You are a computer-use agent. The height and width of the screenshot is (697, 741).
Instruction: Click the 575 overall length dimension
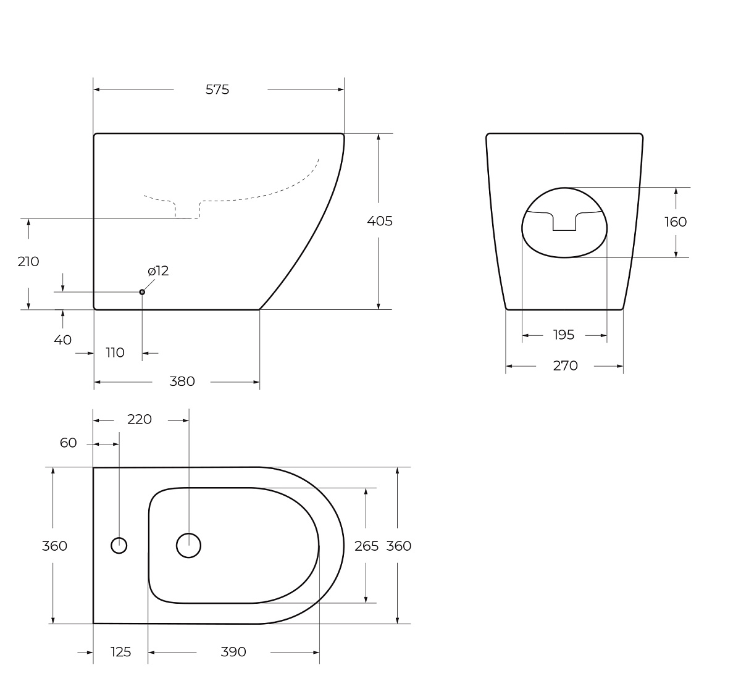tap(217, 90)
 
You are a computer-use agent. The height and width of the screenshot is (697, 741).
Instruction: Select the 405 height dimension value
tap(380, 221)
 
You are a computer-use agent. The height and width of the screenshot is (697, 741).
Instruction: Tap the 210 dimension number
tap(28, 262)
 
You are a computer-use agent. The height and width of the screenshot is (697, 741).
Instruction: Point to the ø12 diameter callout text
tap(158, 271)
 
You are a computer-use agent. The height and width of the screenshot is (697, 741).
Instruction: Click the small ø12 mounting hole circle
tap(142, 292)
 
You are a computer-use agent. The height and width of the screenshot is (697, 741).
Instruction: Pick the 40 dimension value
tap(63, 340)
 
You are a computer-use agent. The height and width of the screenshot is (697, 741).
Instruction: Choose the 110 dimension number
tap(115, 353)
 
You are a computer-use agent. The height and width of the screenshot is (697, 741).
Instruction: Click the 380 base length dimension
tap(182, 382)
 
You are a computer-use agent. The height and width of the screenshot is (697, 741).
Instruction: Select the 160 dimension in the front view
tap(676, 222)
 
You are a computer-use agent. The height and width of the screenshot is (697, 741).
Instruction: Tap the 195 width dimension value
tap(564, 335)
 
